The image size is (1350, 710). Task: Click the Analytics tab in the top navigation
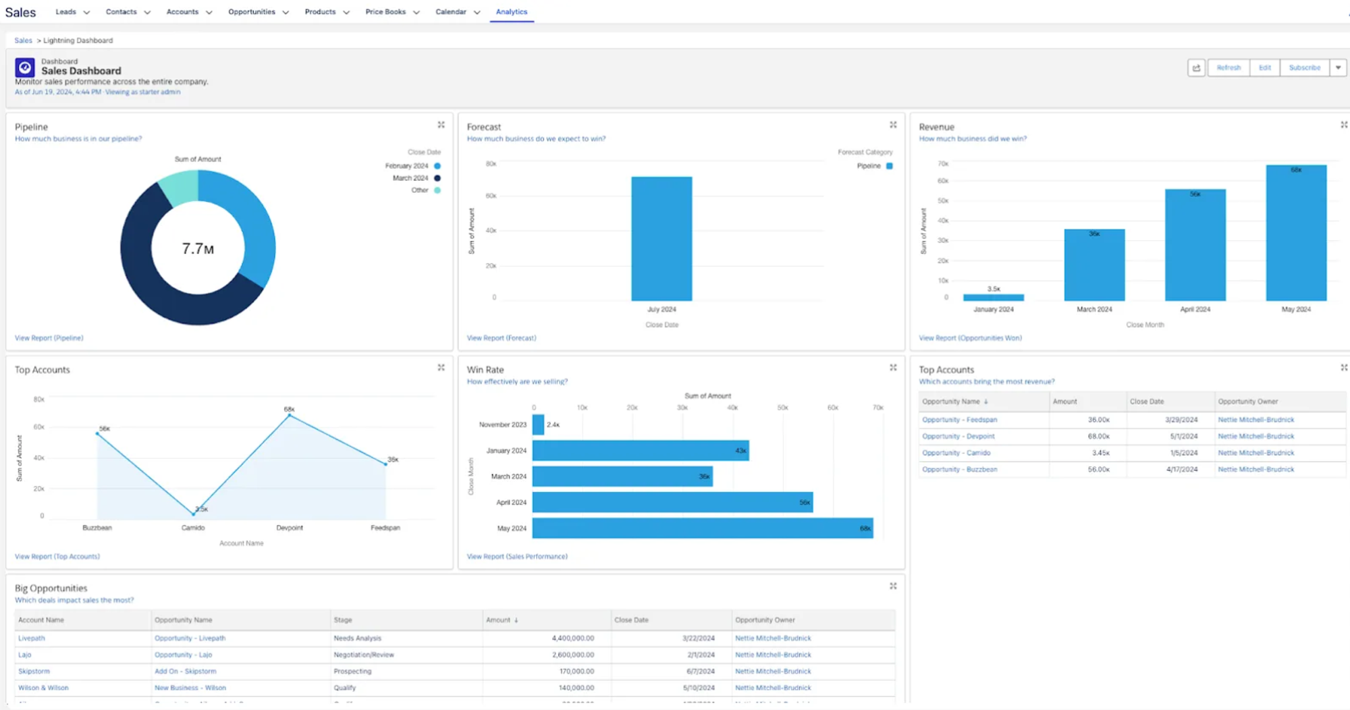coord(511,12)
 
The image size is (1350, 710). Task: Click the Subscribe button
coord(1304,67)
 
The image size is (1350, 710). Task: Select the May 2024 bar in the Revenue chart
coord(1295,233)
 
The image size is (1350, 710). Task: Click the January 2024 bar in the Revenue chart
coord(993,297)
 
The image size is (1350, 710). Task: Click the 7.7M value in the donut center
coord(198,249)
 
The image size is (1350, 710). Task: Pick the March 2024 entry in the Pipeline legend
coord(410,178)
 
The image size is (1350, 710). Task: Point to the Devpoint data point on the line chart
coord(290,416)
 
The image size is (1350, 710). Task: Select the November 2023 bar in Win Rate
coord(538,425)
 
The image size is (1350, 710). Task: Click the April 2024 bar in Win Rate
coord(672,502)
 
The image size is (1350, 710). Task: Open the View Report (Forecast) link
coord(501,338)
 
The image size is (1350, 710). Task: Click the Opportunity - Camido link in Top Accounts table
coord(956,453)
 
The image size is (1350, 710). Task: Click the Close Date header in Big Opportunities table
coord(631,620)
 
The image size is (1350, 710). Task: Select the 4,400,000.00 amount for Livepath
coord(572,638)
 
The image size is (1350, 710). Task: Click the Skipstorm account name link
coord(34,671)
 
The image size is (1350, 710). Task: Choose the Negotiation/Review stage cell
coord(363,655)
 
